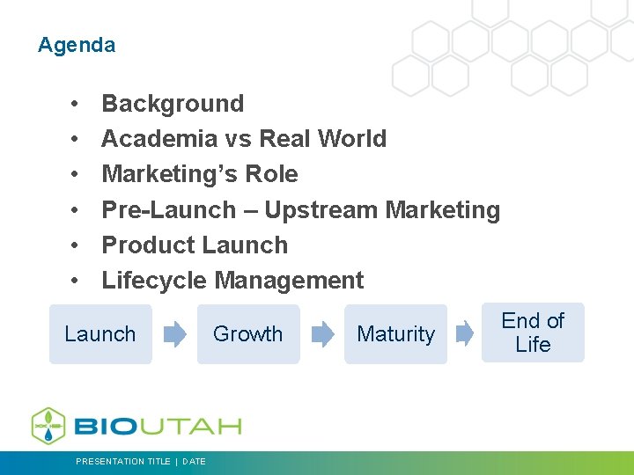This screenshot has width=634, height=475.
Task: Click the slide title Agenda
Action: (x=77, y=45)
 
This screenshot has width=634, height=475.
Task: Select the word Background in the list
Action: (x=173, y=104)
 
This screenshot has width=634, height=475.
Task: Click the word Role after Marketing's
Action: (x=273, y=174)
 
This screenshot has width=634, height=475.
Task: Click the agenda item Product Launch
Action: (x=195, y=245)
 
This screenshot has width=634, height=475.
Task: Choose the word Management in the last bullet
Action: (x=289, y=281)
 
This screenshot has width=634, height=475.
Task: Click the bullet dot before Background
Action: (x=77, y=104)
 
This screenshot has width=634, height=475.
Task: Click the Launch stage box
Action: (x=100, y=334)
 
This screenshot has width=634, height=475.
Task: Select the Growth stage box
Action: (x=248, y=334)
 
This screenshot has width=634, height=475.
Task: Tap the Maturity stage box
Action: (x=395, y=334)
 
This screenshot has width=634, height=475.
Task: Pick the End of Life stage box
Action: (x=533, y=332)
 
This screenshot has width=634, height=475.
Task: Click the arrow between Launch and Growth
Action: (x=175, y=334)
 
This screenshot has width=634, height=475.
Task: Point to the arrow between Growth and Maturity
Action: (x=323, y=334)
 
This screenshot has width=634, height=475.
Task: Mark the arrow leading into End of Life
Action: (x=464, y=334)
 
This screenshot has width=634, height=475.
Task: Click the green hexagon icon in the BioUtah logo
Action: (x=49, y=426)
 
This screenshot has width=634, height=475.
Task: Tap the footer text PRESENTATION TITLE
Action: (x=123, y=462)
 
